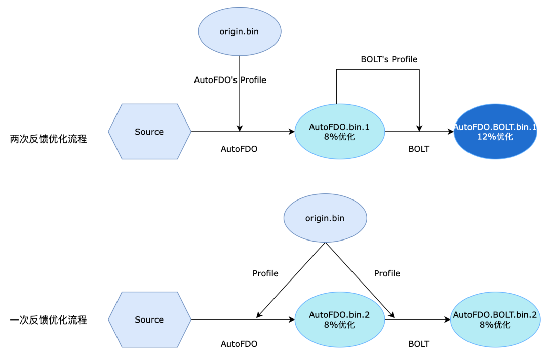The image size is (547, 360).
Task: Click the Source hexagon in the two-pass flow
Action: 149,132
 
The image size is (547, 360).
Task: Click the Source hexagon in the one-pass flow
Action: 149,319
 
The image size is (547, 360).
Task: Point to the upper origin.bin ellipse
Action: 239,32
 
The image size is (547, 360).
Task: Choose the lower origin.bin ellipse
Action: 325,218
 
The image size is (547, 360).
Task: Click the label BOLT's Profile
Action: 389,59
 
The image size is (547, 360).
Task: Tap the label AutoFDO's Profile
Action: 230,80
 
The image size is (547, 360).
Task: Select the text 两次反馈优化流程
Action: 49,139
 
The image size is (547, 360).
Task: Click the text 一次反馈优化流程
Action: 49,320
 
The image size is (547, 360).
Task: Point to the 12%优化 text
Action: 495,137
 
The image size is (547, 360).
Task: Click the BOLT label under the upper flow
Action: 419,149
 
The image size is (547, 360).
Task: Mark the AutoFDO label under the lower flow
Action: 239,344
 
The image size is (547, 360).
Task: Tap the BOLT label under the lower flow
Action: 419,344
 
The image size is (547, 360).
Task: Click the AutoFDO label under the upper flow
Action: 239,149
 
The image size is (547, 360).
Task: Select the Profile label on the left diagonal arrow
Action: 265,273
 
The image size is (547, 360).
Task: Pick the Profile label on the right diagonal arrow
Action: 387,273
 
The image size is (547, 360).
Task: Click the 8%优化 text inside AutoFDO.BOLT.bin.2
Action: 495,325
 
